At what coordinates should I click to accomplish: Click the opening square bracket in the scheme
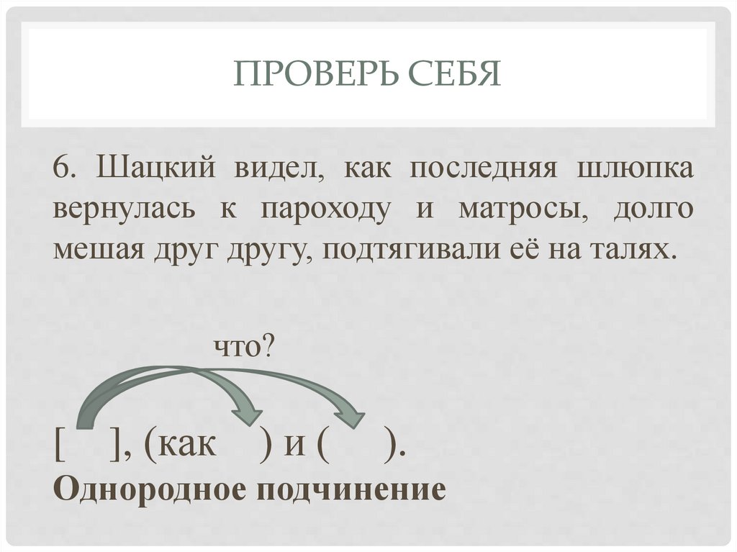point(58,446)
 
